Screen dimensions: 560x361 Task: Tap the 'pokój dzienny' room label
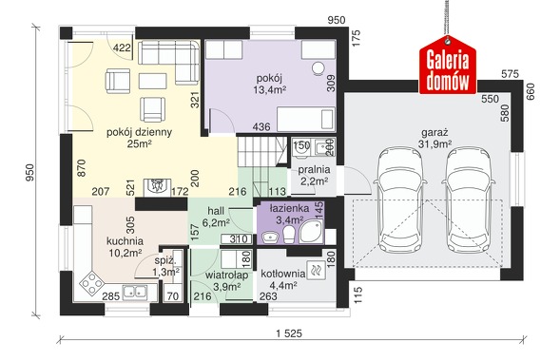(x=139, y=132)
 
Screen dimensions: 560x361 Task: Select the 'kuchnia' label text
(x=125, y=241)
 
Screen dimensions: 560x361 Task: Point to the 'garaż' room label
(x=434, y=133)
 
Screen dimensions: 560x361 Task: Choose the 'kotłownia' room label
(x=283, y=274)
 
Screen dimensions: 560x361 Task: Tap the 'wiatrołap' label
(x=226, y=275)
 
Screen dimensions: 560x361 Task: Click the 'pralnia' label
(x=314, y=170)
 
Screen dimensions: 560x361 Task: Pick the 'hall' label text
(x=216, y=211)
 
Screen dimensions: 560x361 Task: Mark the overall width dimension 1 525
(x=289, y=333)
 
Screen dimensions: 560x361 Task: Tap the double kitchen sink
(x=135, y=293)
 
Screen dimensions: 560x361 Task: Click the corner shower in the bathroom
(x=312, y=232)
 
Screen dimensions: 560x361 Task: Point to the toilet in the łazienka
(x=289, y=235)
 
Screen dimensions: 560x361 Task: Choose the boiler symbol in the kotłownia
(x=316, y=271)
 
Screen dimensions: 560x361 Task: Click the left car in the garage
(x=400, y=199)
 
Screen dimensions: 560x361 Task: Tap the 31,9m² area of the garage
(x=434, y=144)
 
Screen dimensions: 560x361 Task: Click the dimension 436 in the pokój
(x=261, y=126)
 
